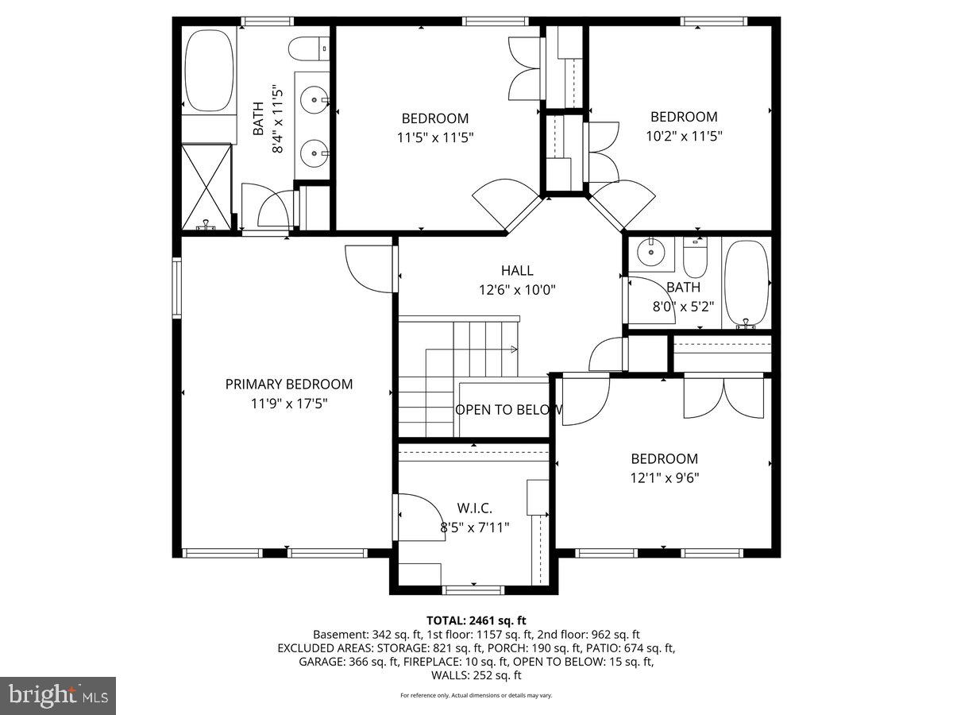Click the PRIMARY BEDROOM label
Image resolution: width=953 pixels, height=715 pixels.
(288, 385)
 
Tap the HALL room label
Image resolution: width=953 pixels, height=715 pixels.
(517, 271)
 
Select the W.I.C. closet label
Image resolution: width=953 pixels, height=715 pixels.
(474, 507)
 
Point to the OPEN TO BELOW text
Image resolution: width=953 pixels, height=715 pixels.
(508, 410)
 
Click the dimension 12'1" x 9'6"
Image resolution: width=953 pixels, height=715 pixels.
(665, 477)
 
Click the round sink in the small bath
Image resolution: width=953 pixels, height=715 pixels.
(652, 252)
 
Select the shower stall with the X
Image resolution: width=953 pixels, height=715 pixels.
(206, 187)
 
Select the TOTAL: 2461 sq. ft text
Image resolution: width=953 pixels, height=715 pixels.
(476, 620)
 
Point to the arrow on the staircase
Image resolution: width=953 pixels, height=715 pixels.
(513, 349)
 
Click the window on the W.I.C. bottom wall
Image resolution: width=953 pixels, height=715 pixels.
(473, 589)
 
